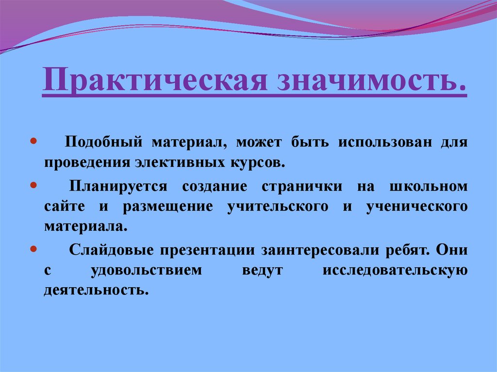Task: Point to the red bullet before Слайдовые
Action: coord(33,249)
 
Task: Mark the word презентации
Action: coord(209,250)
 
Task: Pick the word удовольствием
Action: coord(146,270)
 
